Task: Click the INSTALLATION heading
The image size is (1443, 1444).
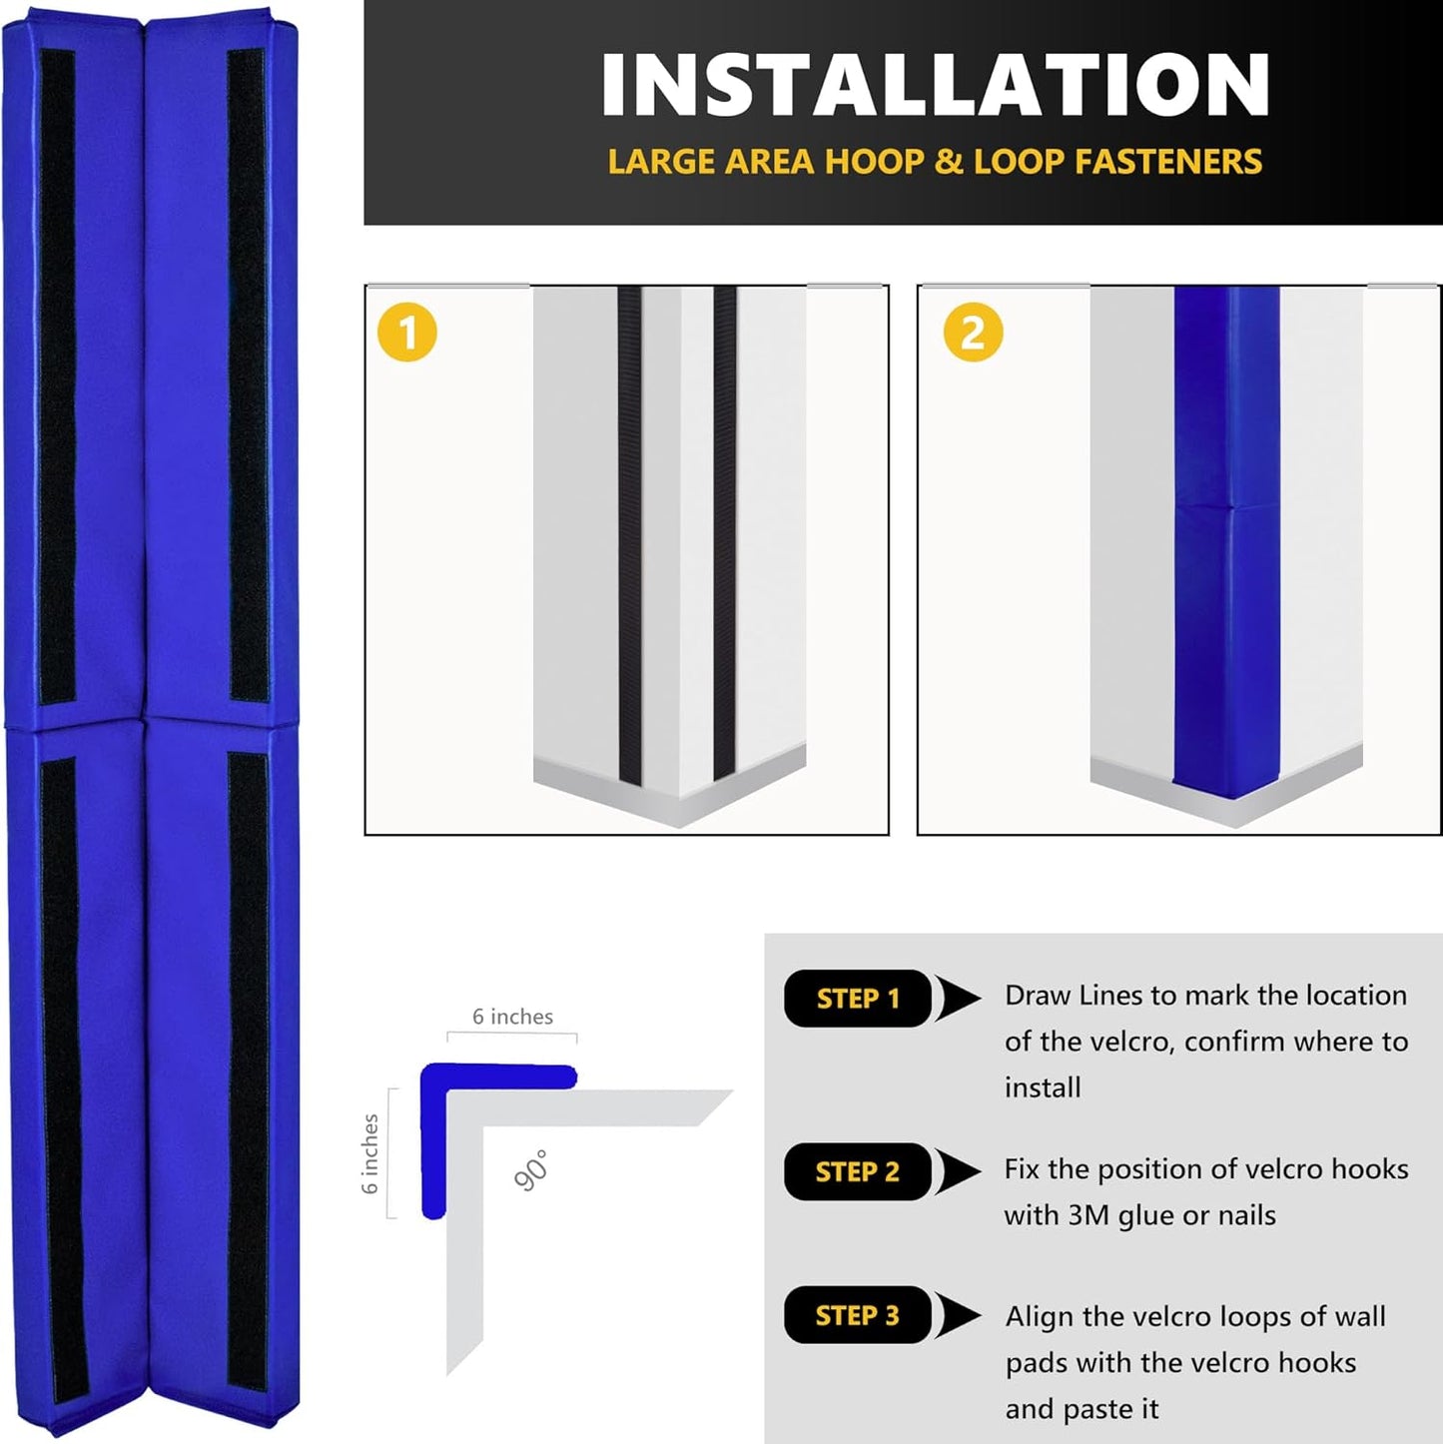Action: point(935,86)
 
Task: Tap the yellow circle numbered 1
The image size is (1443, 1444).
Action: point(406,333)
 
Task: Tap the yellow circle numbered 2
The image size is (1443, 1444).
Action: point(973,333)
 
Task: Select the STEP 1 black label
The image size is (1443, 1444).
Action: point(857,999)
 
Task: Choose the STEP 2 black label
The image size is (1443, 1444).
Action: point(857,1171)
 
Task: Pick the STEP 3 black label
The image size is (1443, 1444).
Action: point(857,1315)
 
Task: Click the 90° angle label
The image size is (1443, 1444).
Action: point(531,1170)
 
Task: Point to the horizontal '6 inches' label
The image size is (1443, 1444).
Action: point(512,1017)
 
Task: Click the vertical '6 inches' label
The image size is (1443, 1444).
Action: point(369,1153)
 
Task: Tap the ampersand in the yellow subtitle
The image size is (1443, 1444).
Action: point(948,162)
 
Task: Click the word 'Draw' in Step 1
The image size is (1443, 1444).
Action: point(1038,996)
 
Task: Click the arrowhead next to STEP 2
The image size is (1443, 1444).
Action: point(959,1171)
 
